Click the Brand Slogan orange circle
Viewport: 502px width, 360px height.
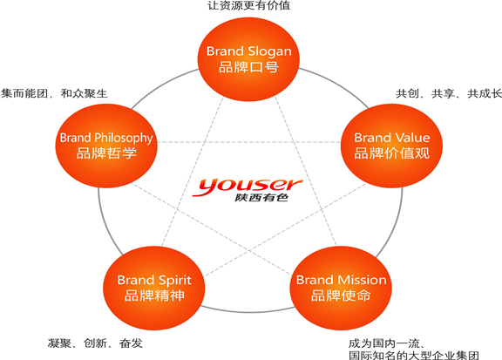pos(248,59)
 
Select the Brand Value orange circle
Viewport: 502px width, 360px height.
pos(391,146)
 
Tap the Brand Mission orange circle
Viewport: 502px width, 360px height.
pos(341,288)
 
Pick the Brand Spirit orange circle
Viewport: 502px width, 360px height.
pos(154,288)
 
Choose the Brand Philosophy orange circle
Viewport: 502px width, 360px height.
pos(106,146)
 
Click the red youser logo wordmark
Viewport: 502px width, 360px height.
pos(248,186)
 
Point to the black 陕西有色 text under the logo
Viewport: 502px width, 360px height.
pos(261,198)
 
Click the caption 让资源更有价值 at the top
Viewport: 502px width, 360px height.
pos(248,5)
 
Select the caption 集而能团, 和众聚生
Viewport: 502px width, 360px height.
pos(54,93)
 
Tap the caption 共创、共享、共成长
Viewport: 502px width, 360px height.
pos(449,93)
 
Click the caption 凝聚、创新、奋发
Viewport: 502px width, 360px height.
pos(95,343)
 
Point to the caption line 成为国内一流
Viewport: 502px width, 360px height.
pos(386,343)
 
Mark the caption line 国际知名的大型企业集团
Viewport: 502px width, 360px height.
pos(414,355)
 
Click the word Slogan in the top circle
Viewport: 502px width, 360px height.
pos(270,51)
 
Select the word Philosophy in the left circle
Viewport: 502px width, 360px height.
pos(124,139)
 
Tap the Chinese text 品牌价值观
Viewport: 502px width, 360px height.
pos(392,153)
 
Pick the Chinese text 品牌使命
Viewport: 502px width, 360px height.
pos(341,295)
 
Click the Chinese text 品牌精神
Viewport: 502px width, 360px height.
pos(154,295)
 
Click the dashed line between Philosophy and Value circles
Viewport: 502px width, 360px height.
pos(248,142)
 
